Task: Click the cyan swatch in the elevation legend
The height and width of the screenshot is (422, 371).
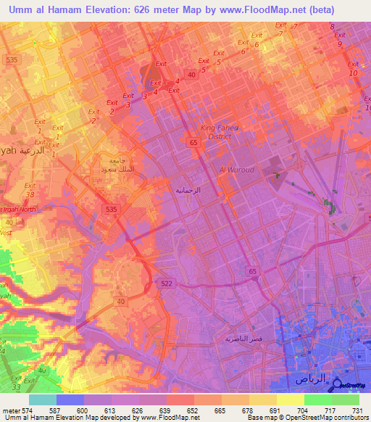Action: pyautogui.click(x=42, y=400)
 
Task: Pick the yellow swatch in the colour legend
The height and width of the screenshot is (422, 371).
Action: pyautogui.click(x=290, y=400)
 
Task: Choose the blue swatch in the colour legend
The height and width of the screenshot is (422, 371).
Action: pyautogui.click(x=70, y=400)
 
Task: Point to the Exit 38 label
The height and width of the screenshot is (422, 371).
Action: pyautogui.click(x=30, y=190)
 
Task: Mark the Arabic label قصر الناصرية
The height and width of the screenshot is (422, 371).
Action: pyautogui.click(x=243, y=339)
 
